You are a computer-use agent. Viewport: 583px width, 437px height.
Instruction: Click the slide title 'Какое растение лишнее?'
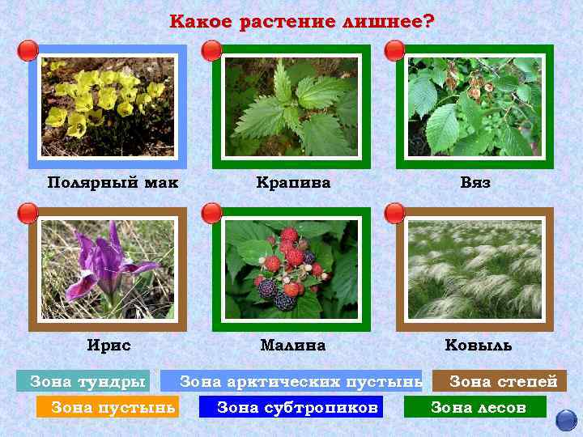pyautogui.click(x=301, y=22)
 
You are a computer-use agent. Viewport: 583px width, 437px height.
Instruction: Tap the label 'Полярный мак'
pyautogui.click(x=113, y=183)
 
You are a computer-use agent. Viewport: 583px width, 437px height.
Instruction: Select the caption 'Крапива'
pyautogui.click(x=293, y=183)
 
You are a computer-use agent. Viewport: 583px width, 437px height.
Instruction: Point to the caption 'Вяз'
pyautogui.click(x=475, y=183)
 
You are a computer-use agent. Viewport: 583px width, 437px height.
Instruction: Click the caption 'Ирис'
pyautogui.click(x=109, y=346)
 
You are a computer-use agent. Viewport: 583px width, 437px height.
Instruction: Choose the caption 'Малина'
pyautogui.click(x=293, y=346)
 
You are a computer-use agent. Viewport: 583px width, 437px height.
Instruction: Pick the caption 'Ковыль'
pyautogui.click(x=479, y=346)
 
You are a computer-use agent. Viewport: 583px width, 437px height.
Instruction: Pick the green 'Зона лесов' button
pyautogui.click(x=478, y=407)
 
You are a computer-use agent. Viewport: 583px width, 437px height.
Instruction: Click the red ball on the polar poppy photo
pyautogui.click(x=28, y=51)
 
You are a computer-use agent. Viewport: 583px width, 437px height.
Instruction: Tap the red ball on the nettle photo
pyautogui.click(x=212, y=51)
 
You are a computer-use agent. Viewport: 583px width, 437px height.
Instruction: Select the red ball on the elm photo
pyautogui.click(x=395, y=51)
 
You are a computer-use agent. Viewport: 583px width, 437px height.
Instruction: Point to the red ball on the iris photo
pyautogui.click(x=28, y=214)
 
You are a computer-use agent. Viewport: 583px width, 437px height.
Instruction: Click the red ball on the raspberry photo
pyautogui.click(x=212, y=214)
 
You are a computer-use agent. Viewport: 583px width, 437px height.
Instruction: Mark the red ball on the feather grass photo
pyautogui.click(x=395, y=214)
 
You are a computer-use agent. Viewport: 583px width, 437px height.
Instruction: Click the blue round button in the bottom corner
pyautogui.click(x=566, y=420)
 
